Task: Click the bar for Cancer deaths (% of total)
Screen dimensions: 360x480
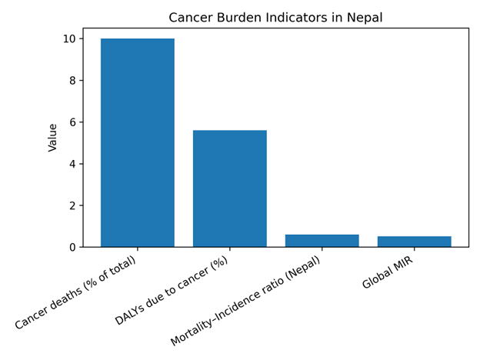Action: pos(137,142)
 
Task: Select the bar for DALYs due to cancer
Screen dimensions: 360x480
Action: pos(229,188)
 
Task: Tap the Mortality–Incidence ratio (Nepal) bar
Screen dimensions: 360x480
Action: pos(322,241)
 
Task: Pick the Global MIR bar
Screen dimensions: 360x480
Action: pos(414,242)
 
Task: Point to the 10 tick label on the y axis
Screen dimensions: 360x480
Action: pos(69,38)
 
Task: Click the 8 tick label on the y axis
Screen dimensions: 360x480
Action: pos(73,80)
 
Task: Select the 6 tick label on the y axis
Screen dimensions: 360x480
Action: pos(73,122)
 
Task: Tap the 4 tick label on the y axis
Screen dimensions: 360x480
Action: pos(73,164)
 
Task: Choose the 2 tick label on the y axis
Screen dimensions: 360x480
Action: pos(73,205)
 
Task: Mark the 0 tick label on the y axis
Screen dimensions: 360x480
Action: pos(73,247)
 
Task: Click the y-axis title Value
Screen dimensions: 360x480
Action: pos(53,138)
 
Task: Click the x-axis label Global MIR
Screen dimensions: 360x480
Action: pos(388,272)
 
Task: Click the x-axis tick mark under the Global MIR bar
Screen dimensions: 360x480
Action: pos(414,249)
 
